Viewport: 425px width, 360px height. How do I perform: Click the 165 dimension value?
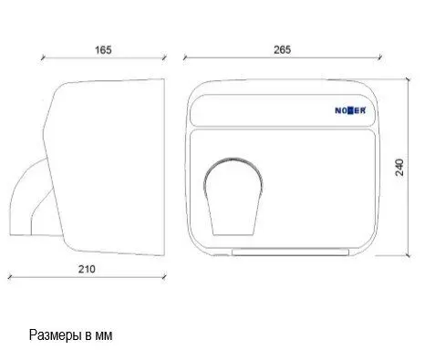[x=103, y=50]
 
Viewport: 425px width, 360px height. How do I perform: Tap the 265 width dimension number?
[x=282, y=50]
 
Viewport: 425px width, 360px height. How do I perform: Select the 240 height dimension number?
[x=399, y=167]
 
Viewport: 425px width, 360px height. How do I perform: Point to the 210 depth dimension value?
[x=87, y=269]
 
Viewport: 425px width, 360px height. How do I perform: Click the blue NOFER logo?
[x=350, y=110]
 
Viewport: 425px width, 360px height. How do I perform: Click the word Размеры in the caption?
[x=56, y=335]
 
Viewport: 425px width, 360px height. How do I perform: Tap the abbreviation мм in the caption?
[x=104, y=336]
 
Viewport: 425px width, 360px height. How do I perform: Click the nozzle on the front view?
[x=233, y=197]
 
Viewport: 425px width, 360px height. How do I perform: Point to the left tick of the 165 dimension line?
[x=44, y=57]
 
